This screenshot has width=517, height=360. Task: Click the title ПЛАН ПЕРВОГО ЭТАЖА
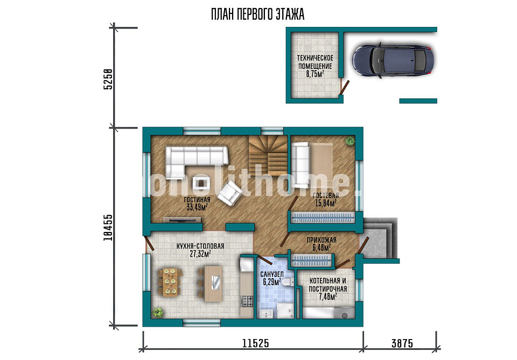257,15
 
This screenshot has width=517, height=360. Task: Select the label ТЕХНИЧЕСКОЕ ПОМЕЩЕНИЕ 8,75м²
315,66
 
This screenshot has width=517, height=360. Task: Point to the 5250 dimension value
108,79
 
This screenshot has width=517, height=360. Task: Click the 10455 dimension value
108,228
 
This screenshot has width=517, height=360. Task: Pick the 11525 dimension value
255,343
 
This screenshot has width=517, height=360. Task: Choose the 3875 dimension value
402,343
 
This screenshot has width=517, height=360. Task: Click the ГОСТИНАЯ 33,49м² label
197,203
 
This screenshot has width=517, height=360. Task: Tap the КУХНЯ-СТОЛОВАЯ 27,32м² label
200,250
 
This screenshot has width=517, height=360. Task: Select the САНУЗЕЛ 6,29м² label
271,278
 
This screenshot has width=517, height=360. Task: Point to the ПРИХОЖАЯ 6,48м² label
322,244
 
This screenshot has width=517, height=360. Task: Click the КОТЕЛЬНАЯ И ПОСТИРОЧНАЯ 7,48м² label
328,289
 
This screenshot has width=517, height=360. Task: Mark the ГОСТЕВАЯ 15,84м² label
326,199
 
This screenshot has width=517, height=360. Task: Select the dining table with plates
170,282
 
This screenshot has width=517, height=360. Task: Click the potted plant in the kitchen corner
158,312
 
